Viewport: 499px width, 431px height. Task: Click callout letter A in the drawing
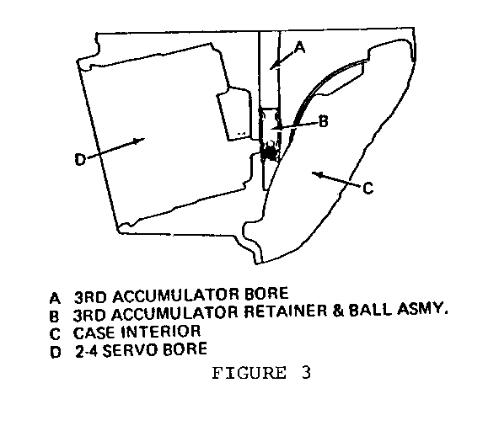[300, 48]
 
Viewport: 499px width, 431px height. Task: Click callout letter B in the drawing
[324, 121]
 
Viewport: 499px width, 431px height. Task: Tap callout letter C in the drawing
[368, 189]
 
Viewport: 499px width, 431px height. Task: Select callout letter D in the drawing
[80, 159]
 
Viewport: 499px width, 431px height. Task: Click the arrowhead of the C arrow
[317, 174]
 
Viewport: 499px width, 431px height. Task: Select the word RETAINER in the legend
[286, 311]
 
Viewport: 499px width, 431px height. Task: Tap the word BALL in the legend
[370, 310]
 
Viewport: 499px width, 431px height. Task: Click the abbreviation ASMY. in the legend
[422, 308]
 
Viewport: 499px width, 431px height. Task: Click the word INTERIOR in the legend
[161, 332]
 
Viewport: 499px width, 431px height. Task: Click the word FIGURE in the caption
[249, 373]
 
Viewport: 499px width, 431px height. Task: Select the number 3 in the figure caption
[306, 373]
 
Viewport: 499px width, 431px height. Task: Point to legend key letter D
[56, 352]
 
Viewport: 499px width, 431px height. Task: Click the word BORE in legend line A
[266, 294]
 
